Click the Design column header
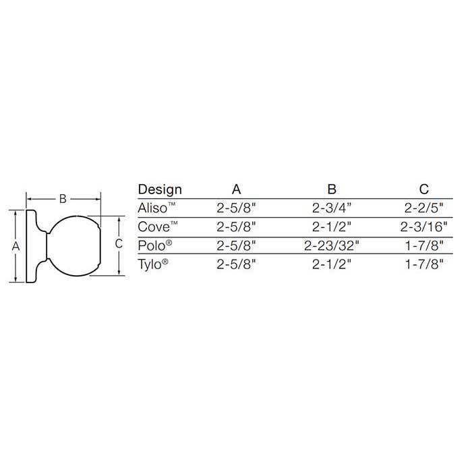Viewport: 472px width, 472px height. (160, 189)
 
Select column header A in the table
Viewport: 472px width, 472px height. (237, 189)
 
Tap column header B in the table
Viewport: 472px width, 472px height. (331, 189)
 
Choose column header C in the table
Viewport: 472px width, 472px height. (423, 189)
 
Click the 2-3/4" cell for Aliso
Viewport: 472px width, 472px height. (330, 208)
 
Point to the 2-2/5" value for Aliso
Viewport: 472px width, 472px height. (423, 208)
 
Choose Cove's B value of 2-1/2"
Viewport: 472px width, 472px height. (330, 227)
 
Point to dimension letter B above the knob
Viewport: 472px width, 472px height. (63, 199)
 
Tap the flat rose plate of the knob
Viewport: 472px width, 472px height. (32, 247)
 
